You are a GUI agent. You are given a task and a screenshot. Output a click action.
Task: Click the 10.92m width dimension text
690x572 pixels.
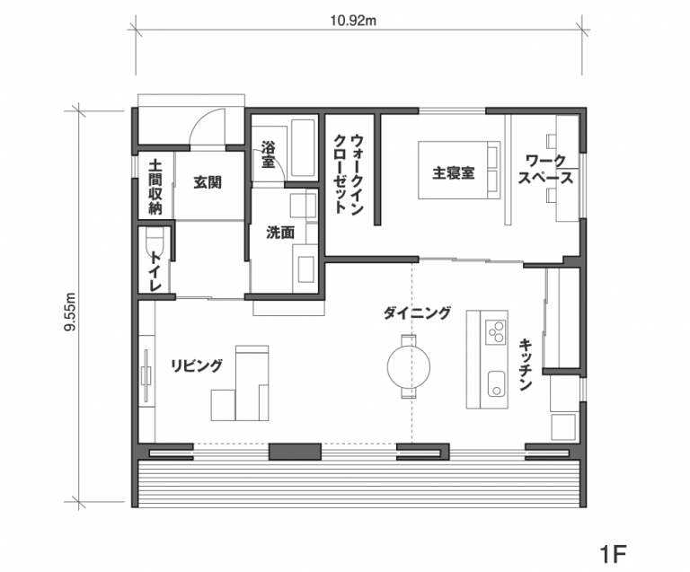353,21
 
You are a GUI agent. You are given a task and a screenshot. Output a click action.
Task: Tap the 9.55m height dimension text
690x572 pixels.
71,312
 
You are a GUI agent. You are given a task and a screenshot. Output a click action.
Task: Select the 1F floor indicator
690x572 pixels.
613,554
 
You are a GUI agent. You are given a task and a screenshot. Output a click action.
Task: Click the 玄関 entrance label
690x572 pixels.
208,182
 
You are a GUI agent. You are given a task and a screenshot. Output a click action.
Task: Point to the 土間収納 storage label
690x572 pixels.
155,187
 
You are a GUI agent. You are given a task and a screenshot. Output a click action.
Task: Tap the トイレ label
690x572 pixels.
155,271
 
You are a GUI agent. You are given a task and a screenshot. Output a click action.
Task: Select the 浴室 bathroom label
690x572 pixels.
268,154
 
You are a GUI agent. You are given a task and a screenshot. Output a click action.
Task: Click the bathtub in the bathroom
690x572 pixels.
303,148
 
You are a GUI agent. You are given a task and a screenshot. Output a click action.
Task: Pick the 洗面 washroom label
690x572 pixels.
280,233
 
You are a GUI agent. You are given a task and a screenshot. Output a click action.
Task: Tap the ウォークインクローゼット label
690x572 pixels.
349,174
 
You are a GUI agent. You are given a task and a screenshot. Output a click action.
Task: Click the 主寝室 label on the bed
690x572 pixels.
454,172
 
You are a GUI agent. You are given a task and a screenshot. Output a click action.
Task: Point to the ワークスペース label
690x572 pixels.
545,170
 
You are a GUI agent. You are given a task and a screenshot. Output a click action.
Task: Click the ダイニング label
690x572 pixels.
417,313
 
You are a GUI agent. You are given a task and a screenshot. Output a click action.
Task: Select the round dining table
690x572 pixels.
409,366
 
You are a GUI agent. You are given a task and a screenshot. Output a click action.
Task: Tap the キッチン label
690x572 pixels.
526,365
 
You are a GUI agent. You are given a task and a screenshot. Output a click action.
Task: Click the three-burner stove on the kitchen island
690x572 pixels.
496,332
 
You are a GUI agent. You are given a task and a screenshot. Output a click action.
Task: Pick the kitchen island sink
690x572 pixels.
496,383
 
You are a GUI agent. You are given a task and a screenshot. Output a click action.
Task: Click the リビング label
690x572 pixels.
197,365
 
